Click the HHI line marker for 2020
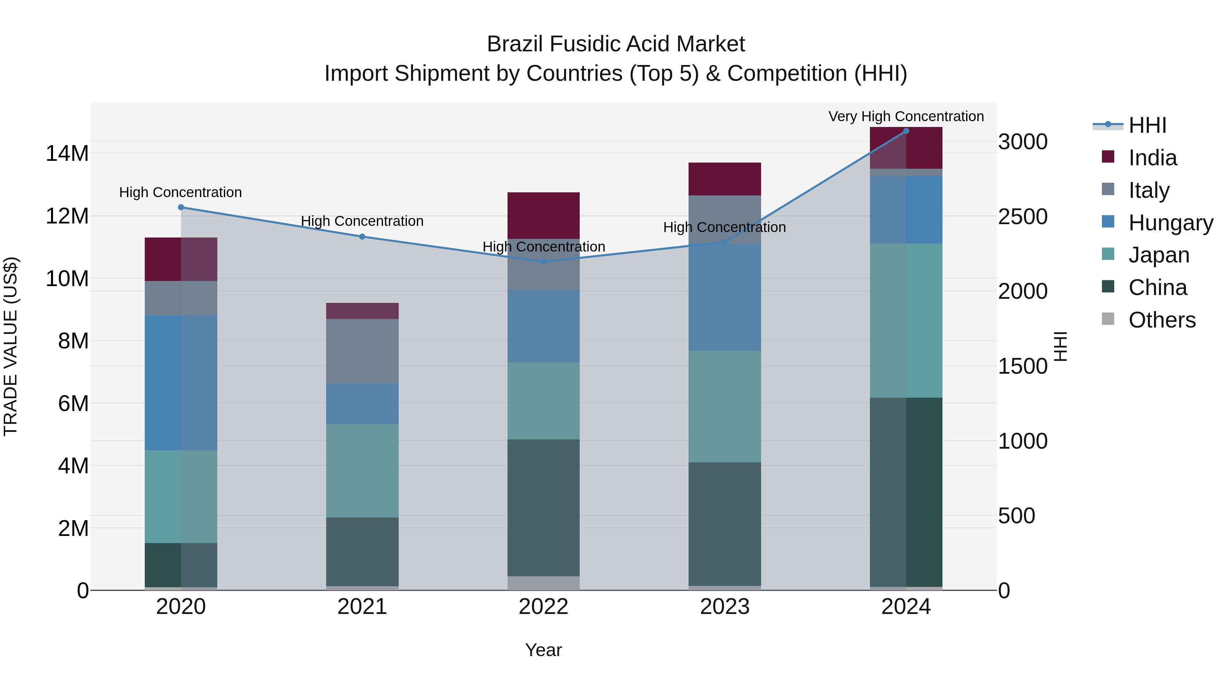coord(181,207)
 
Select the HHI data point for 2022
coord(543,261)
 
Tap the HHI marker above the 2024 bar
coord(906,131)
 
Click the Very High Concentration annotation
coord(906,116)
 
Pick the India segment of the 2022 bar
coord(543,215)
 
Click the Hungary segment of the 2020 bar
coord(181,382)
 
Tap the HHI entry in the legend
coord(1147,125)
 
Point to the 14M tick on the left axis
coord(67,154)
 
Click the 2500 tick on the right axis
coord(1023,216)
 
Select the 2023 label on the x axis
coord(724,606)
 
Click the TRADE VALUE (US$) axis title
coord(11,346)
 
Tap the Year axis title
coord(543,650)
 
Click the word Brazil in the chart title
coord(514,44)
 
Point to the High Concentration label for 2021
coord(362,221)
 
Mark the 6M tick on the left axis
coord(73,403)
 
